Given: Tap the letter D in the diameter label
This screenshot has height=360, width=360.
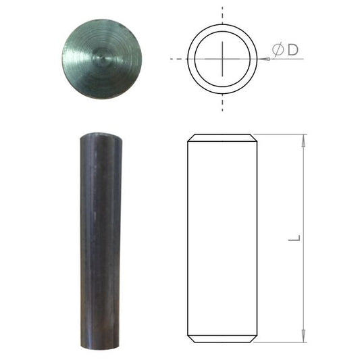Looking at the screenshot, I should click(292, 50).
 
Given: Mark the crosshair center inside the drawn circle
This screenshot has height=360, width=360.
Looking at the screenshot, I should click(222, 59).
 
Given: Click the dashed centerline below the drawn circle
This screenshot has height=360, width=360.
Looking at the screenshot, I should click(222, 102).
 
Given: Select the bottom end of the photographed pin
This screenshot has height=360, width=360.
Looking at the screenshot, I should click(101, 345).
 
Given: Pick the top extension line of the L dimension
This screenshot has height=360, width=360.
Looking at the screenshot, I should click(280, 134).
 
